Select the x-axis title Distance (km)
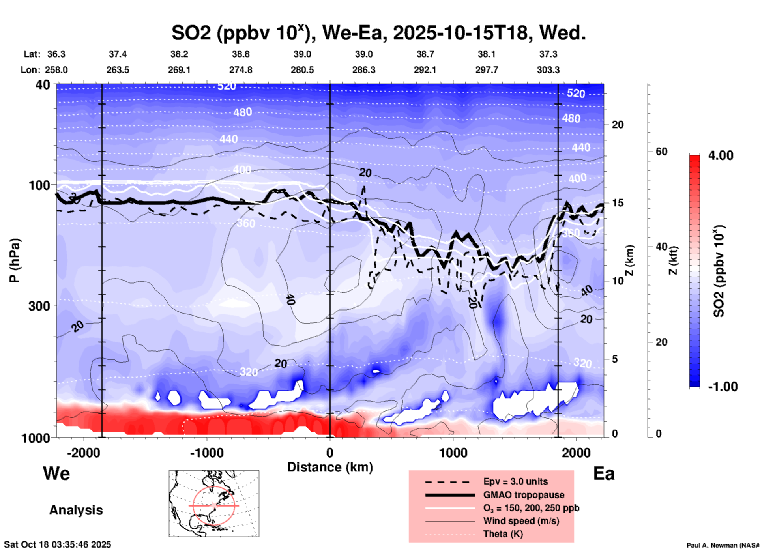330,467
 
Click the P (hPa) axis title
15,260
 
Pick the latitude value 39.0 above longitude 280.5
302,54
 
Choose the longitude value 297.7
487,70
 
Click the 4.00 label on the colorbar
721,155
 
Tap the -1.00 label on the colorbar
722,387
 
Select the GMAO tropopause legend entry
524,495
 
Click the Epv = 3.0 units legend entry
515,481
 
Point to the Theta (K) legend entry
503,534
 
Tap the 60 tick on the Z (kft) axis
661,152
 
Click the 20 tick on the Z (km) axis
618,125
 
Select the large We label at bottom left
56,473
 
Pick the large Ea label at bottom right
604,474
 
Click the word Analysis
76,510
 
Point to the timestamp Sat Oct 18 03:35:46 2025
58,544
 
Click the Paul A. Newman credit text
722,545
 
